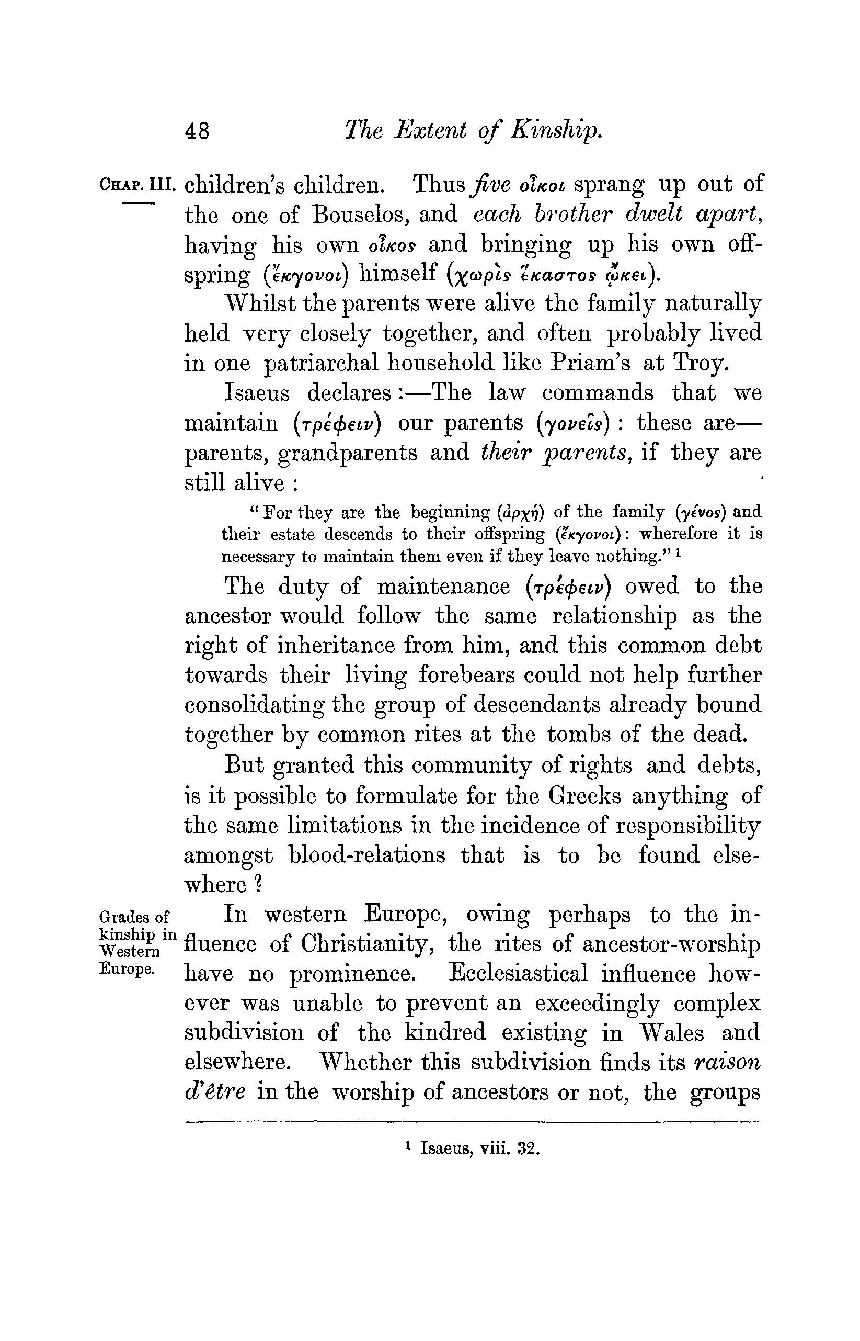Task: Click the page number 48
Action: click(197, 131)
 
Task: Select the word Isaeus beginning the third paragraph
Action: click(257, 393)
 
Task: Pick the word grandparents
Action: click(347, 453)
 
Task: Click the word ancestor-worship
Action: click(671, 945)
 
